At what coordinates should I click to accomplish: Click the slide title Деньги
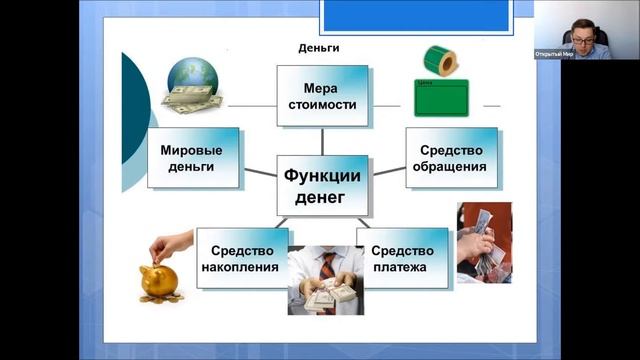pyautogui.click(x=319, y=48)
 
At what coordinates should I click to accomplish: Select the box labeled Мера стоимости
pyautogui.click(x=322, y=95)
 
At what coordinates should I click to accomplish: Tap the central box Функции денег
pyautogui.click(x=321, y=185)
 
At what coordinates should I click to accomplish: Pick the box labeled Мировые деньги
pyautogui.click(x=193, y=158)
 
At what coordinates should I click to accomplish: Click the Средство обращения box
pyautogui.click(x=451, y=158)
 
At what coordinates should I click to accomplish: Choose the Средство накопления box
pyautogui.click(x=243, y=258)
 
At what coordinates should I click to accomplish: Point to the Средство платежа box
pyautogui.click(x=402, y=258)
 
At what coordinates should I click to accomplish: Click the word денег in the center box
pyautogui.click(x=321, y=197)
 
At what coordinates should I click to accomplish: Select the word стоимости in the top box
pyautogui.click(x=322, y=104)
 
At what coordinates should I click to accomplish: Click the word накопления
pyautogui.click(x=243, y=267)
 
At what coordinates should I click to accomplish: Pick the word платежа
pyautogui.click(x=402, y=267)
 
